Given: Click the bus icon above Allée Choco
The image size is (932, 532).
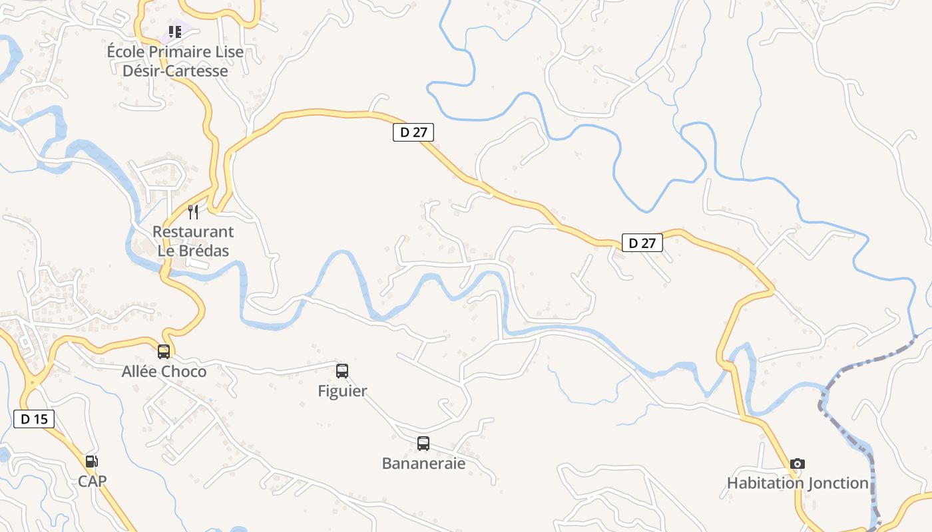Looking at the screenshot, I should click(164, 352).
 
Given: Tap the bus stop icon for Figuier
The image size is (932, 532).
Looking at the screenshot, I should click(342, 371).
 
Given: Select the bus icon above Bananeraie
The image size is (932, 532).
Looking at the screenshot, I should click(423, 444).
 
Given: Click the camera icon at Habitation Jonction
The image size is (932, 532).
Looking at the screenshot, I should click(798, 464).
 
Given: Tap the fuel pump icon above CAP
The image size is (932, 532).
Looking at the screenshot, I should click(92, 462).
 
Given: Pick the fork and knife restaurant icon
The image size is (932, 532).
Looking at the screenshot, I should click(193, 212).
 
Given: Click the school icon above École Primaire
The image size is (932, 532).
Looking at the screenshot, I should click(175, 31).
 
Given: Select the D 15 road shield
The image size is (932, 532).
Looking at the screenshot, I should click(33, 419).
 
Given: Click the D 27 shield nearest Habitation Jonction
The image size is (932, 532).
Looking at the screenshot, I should click(642, 243).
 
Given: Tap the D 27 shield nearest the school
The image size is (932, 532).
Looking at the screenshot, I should click(413, 132).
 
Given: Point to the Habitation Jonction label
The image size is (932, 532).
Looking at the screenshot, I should click(798, 483).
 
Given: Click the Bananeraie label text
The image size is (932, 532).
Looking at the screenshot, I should click(423, 463).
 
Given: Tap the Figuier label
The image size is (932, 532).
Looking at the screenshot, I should click(342, 391).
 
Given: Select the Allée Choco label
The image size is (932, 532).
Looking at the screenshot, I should click(164, 372).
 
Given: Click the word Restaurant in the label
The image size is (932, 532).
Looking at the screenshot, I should click(193, 232).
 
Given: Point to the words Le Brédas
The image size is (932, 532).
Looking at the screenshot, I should click(193, 251).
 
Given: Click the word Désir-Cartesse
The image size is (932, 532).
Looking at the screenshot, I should click(175, 70).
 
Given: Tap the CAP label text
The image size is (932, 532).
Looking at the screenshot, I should click(92, 481).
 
